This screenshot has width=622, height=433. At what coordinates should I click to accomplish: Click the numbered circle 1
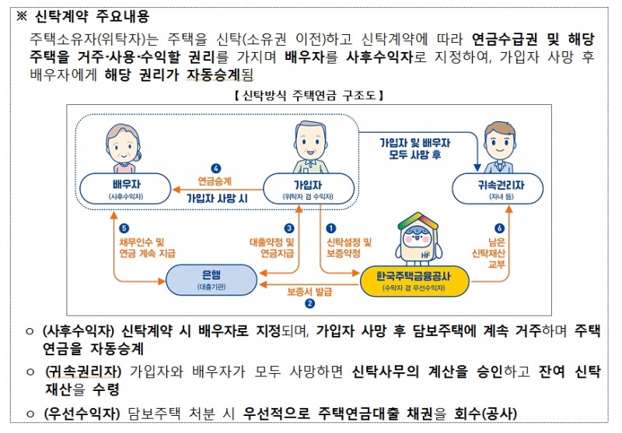coord(331,229)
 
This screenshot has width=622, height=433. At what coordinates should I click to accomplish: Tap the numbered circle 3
coord(289,229)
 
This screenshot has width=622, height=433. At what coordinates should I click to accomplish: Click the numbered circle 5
coord(124,229)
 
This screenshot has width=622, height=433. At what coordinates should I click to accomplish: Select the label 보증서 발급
coord(309,292)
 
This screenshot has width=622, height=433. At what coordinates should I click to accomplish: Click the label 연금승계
coord(215,181)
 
